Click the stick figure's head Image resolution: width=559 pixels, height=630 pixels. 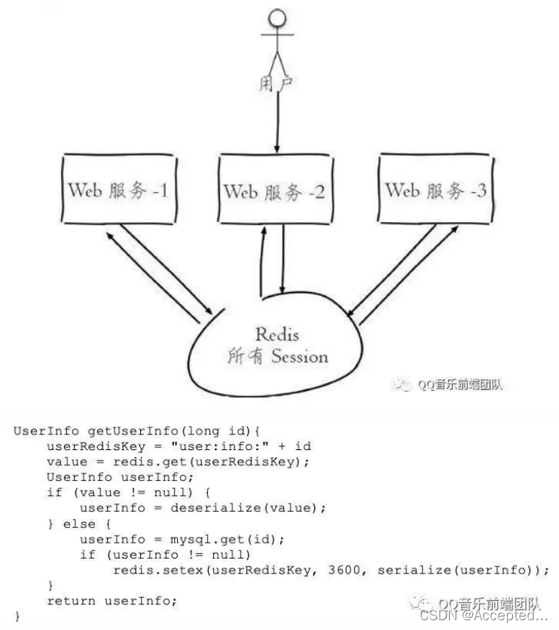(x=277, y=18)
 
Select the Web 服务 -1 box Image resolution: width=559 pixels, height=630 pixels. (x=118, y=190)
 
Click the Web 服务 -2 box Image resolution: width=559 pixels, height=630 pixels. (x=274, y=191)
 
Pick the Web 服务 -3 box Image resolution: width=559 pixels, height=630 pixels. (x=435, y=190)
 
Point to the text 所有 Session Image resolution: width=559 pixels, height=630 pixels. (x=278, y=356)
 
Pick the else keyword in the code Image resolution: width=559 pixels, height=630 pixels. (x=75, y=524)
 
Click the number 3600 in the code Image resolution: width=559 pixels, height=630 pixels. (x=344, y=570)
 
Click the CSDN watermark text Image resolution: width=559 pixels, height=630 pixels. (x=482, y=616)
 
